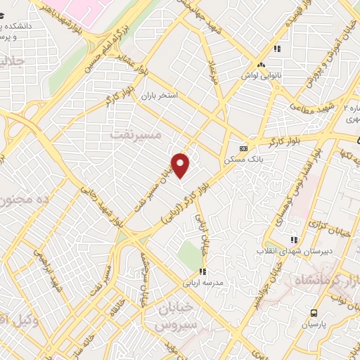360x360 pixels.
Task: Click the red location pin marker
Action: pyautogui.click(x=181, y=165)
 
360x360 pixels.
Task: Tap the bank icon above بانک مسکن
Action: pyautogui.click(x=243, y=149)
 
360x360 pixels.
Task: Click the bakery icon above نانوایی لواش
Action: pyautogui.click(x=261, y=64)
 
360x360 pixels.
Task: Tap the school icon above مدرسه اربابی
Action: pyautogui.click(x=202, y=271)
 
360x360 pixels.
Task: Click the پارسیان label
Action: pyautogui.click(x=314, y=325)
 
